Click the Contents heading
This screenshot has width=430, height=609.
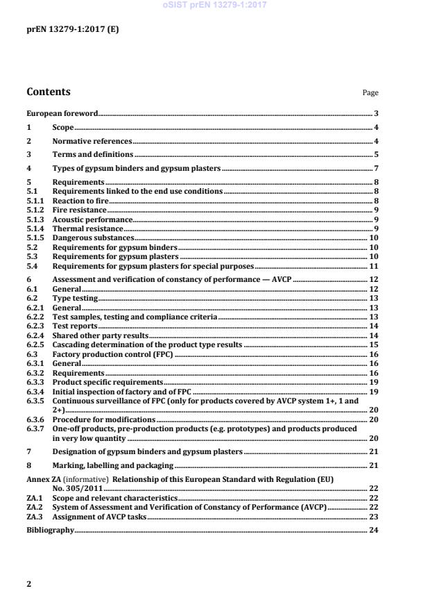coord(48,92)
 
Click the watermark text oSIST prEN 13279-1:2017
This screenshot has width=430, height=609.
coord(214,5)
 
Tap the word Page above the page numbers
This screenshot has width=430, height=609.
coord(370,93)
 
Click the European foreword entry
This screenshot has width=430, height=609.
coord(62,112)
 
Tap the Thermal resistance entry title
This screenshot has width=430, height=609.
coord(87,228)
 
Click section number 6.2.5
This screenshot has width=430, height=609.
coord(36,344)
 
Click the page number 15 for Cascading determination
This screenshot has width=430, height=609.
coord(373,344)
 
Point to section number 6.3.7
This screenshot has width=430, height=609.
coord(36,428)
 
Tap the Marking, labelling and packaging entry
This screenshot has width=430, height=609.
coord(113,465)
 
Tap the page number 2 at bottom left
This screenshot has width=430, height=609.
coord(29,584)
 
